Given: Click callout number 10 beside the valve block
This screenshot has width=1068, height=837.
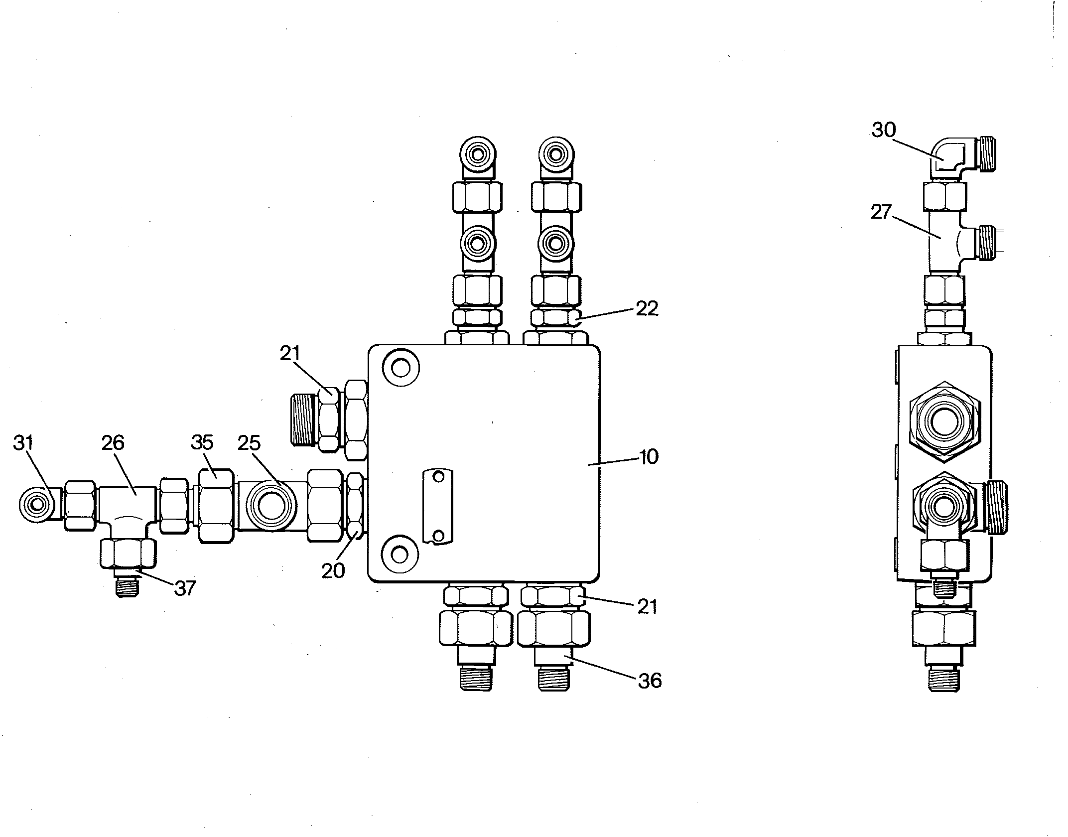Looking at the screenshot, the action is (x=649, y=456).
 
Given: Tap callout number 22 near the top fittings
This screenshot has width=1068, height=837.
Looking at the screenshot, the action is (x=647, y=308).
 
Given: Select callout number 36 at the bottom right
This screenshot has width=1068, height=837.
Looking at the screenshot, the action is (x=650, y=680).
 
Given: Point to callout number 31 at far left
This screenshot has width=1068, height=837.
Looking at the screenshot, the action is (x=23, y=442).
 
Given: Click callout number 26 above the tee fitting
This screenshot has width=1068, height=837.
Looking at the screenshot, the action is (x=113, y=442).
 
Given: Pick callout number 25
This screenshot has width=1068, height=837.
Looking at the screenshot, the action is (x=249, y=442).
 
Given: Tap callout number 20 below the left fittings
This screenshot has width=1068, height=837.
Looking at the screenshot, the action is (x=333, y=570).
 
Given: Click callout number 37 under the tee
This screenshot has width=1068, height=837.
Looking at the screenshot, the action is (x=185, y=589).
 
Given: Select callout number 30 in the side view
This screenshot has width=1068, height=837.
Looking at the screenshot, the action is (x=884, y=130).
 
